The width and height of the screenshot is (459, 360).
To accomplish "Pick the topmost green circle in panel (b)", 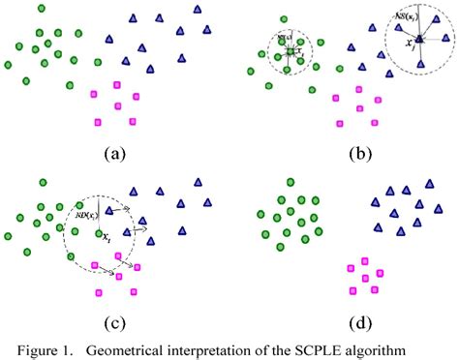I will click(x=281, y=17).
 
